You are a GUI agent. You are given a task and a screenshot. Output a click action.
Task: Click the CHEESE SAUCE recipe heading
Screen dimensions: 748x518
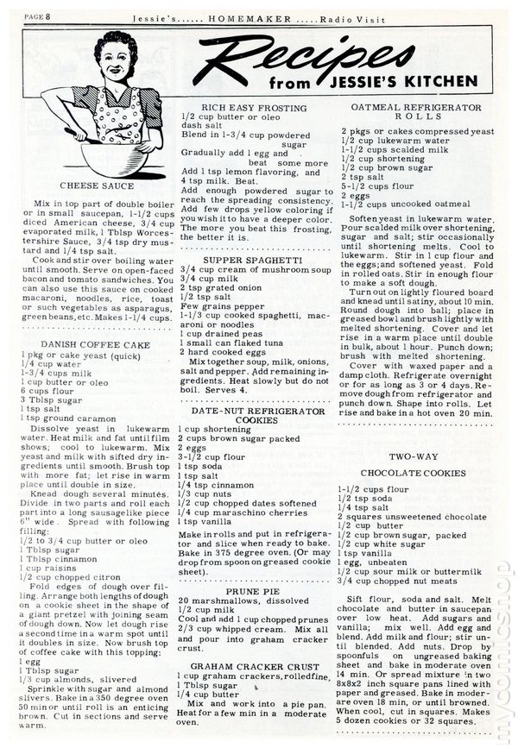coord(97,185)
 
